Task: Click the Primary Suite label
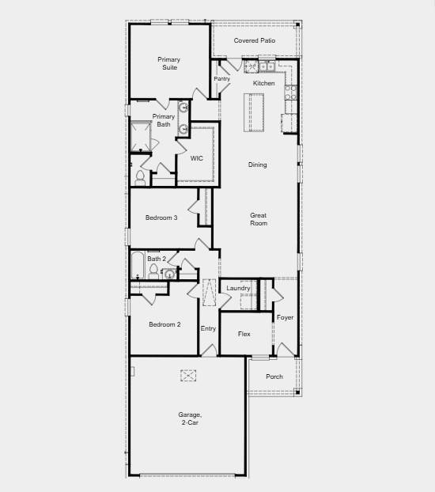click(x=168, y=63)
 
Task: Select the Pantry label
click(x=221, y=78)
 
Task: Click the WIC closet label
click(x=196, y=158)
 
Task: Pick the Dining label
click(x=258, y=165)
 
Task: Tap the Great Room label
click(x=259, y=219)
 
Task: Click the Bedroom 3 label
click(x=161, y=218)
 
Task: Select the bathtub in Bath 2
click(x=138, y=264)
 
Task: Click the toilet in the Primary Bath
click(x=140, y=176)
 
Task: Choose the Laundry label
click(x=238, y=288)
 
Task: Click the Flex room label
click(x=244, y=334)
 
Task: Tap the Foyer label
click(x=285, y=317)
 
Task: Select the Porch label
click(x=274, y=377)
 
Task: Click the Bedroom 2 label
click(x=165, y=324)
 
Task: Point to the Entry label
click(x=208, y=328)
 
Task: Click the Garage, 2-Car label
click(x=190, y=418)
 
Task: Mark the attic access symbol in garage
click(x=188, y=377)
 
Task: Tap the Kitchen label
click(x=264, y=83)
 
